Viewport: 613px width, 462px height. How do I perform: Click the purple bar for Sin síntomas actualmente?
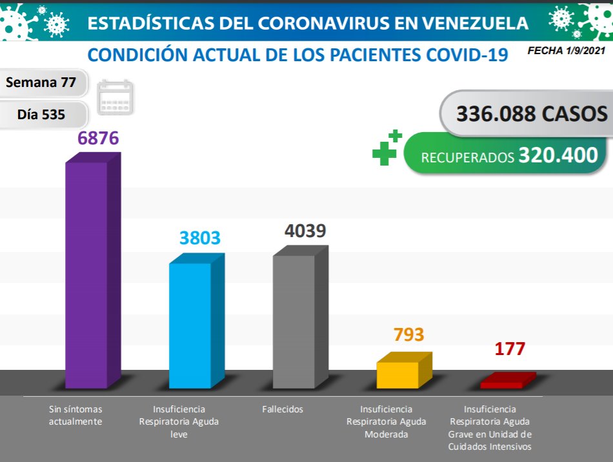pos(86,274)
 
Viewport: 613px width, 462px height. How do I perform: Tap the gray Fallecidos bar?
pos(294,321)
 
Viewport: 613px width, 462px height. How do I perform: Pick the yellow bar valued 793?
pos(397,374)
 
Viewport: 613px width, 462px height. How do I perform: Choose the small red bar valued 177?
pos(502,384)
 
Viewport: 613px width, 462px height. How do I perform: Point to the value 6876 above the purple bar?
pos(98,139)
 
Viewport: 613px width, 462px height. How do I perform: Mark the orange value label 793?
pos(408,335)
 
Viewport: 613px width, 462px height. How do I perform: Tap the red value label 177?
pos(510,349)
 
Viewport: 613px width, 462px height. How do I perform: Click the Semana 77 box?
pos(41,82)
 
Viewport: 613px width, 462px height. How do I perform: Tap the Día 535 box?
pos(41,115)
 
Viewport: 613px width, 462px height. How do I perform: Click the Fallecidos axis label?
pos(283,409)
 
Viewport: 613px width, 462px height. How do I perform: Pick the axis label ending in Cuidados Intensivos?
pos(490,428)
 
